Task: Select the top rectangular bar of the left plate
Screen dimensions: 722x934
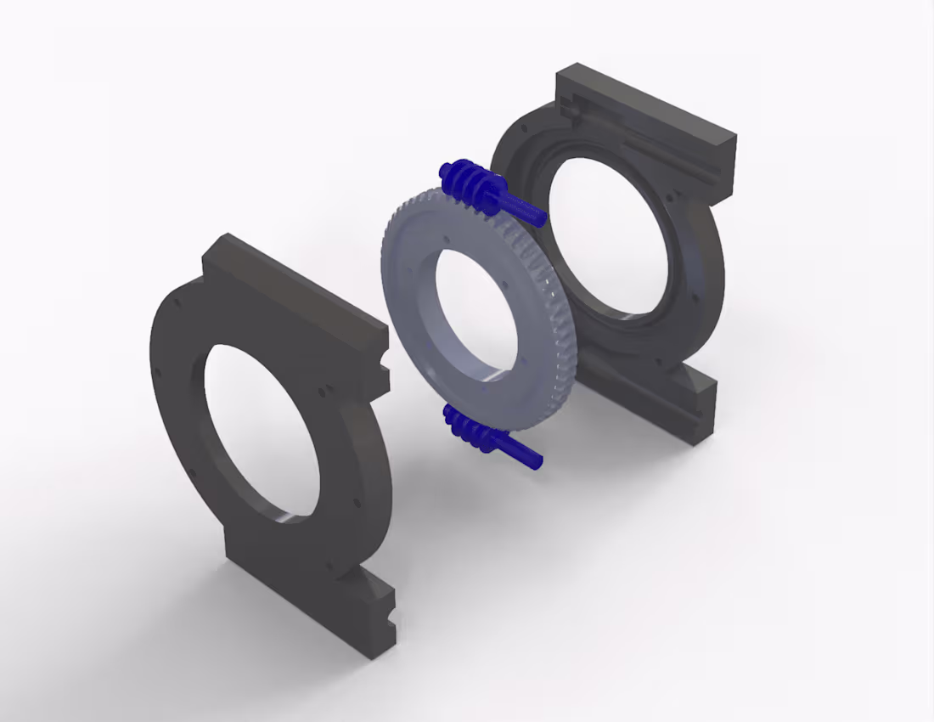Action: [289, 289]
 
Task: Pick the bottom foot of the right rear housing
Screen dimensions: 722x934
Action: [654, 399]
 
